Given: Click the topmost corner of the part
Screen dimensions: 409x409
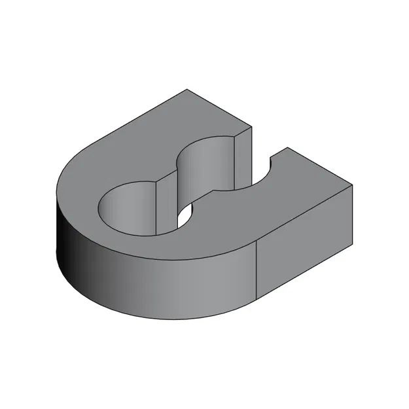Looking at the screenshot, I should coord(187,89).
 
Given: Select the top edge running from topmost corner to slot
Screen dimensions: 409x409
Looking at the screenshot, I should coord(220,108).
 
